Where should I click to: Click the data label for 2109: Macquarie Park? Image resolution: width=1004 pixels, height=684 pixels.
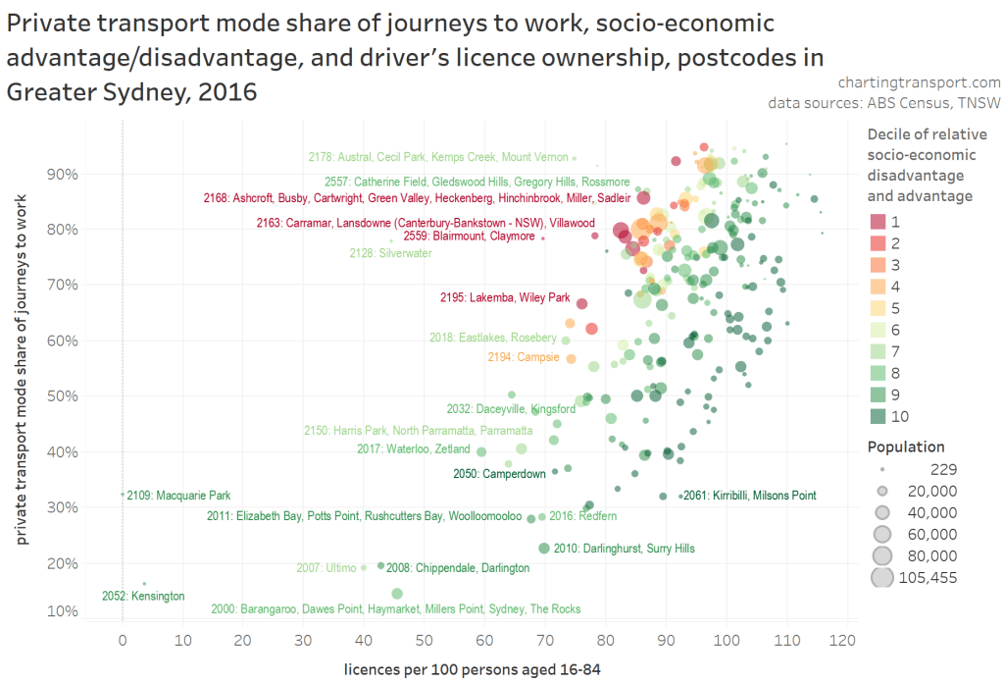coord(178,496)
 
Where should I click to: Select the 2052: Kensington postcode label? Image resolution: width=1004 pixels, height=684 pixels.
coord(142,596)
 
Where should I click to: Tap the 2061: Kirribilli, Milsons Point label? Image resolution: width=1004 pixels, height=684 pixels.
coord(749,496)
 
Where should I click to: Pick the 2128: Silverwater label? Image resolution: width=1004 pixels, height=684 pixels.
coord(390,253)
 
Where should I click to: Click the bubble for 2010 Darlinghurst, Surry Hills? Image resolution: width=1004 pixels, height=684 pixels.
coord(544,548)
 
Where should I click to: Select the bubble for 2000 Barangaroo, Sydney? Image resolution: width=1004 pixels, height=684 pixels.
coord(397,593)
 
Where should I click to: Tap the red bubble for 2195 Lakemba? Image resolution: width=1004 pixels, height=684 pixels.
coord(581,304)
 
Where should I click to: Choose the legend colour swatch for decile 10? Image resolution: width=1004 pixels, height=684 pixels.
coord(879,416)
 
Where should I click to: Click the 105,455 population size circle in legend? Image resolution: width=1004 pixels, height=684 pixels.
coord(883,577)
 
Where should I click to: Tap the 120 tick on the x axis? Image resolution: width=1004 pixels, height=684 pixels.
coord(839,640)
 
